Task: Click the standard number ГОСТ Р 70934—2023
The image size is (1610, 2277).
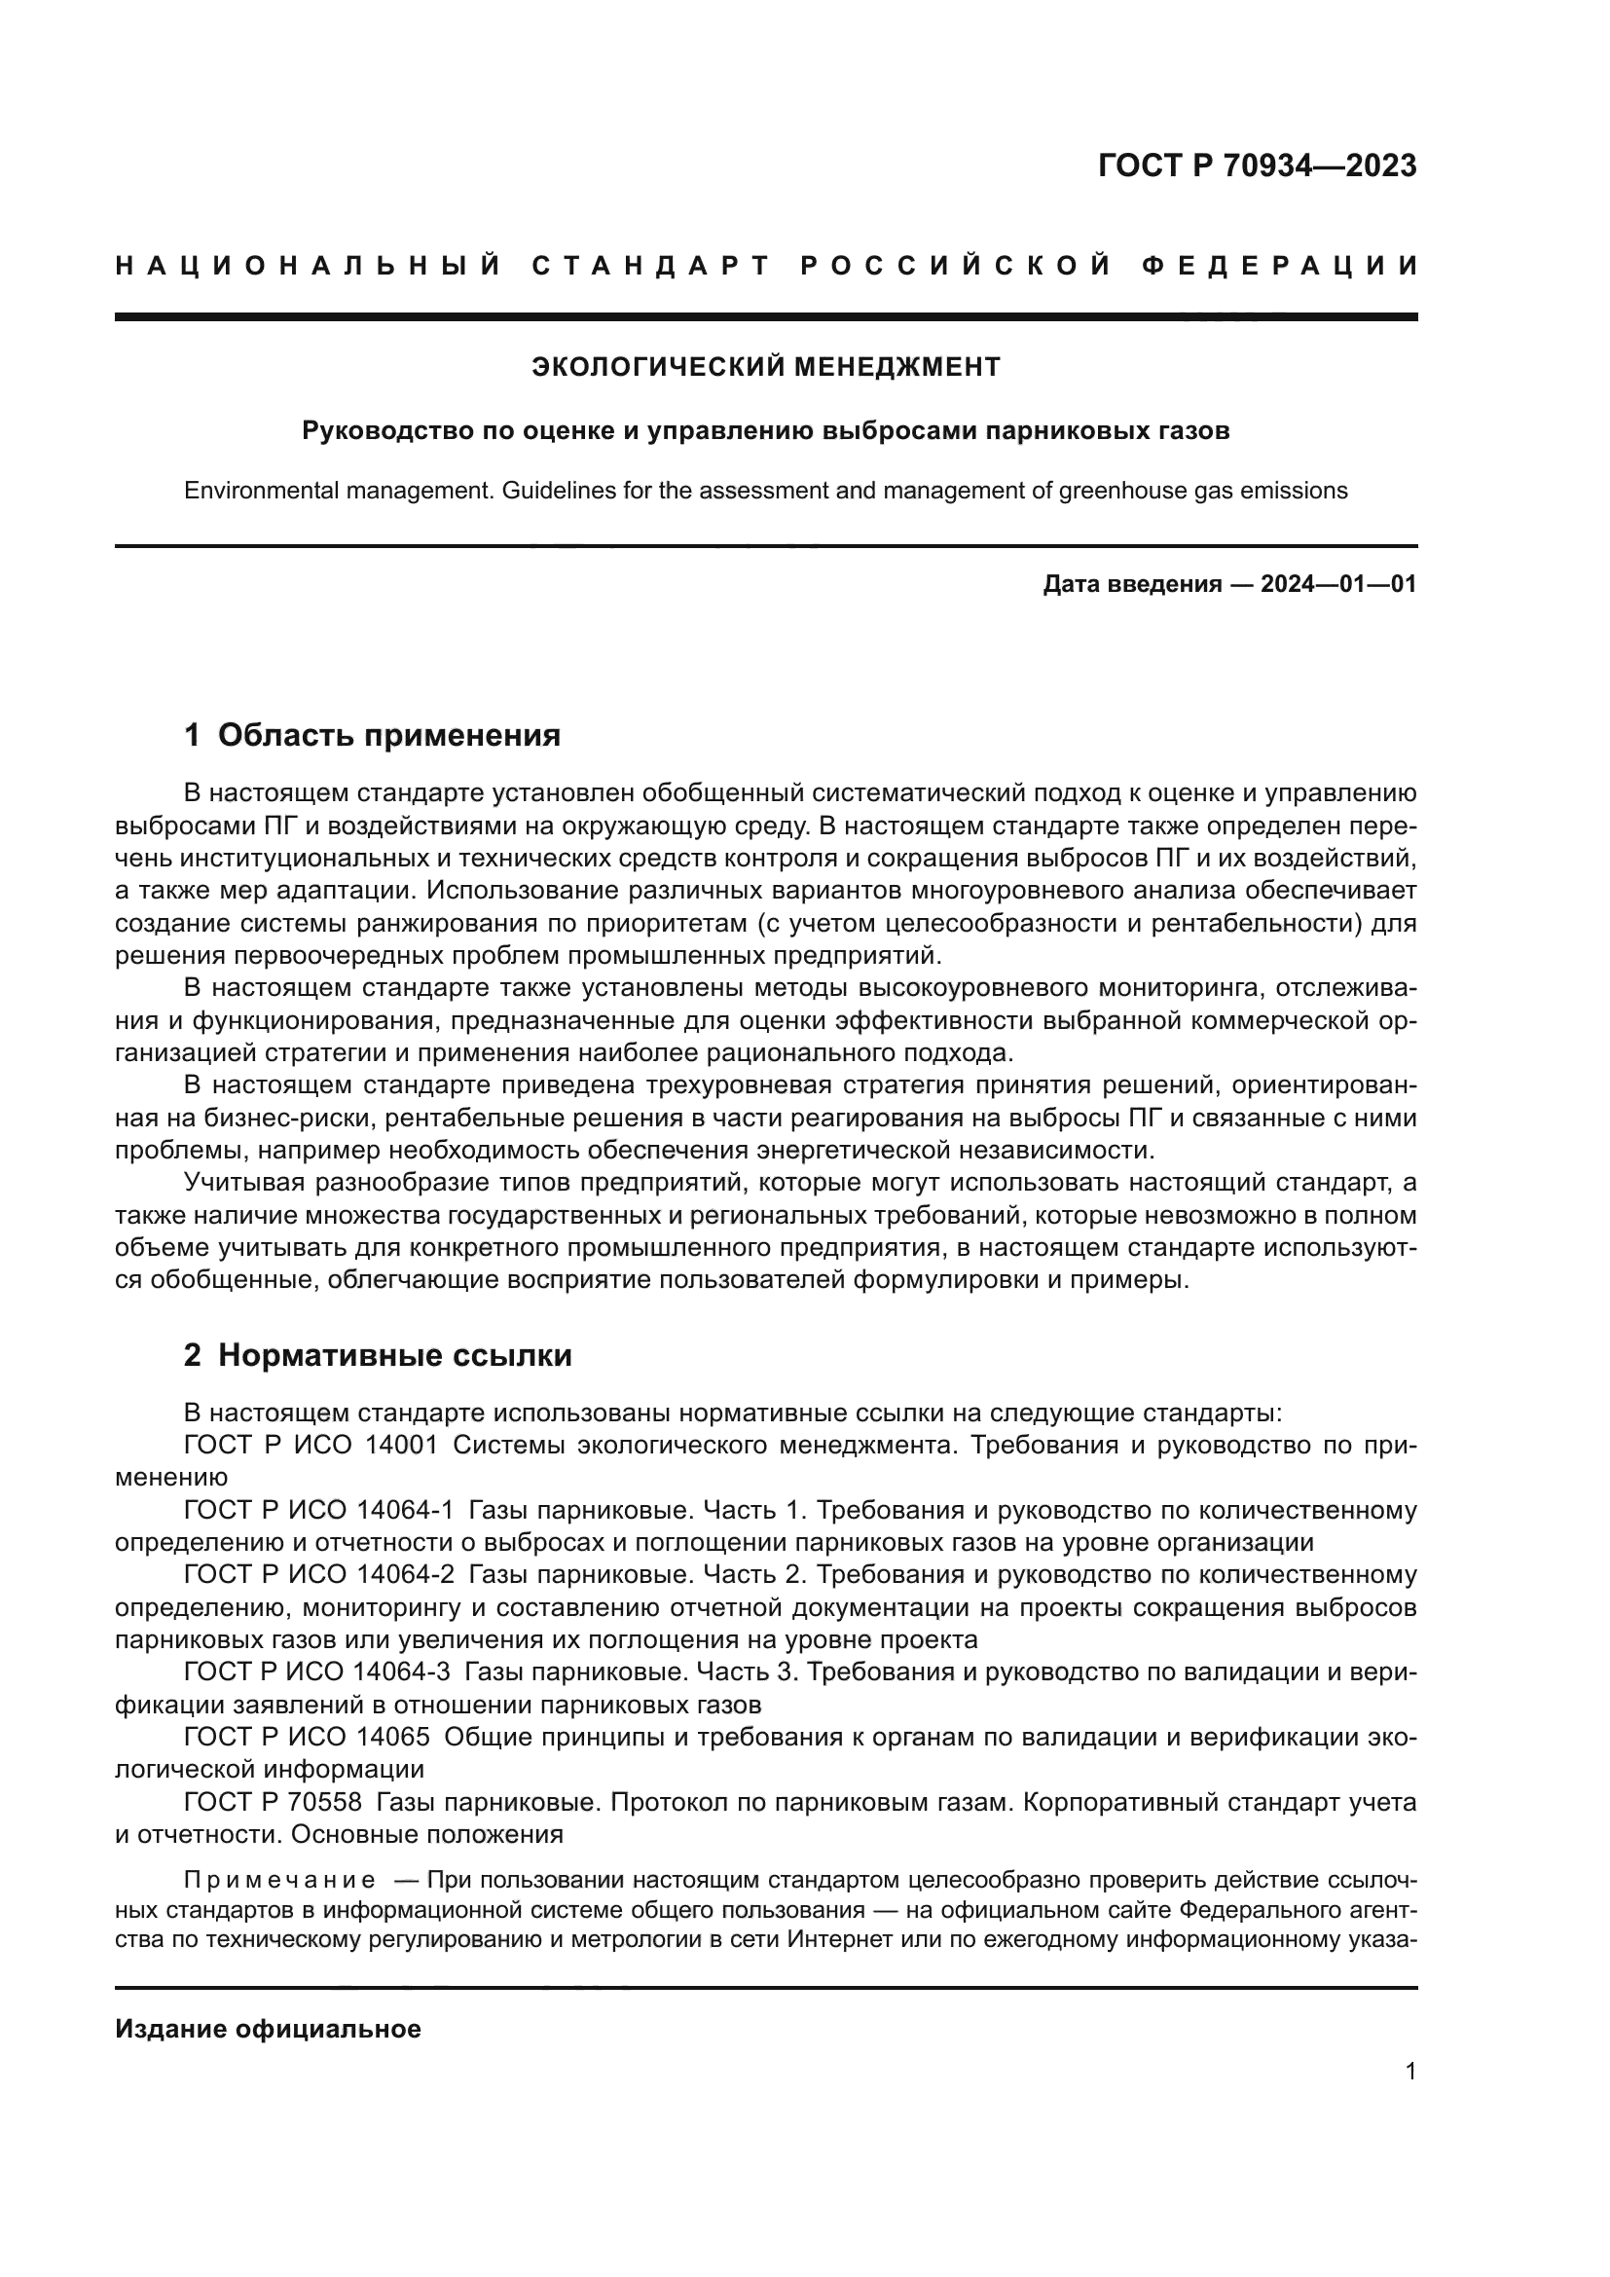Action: coord(1257,165)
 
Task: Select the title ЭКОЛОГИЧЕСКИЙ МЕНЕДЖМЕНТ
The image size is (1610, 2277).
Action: coord(766,367)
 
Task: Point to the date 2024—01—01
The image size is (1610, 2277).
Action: coord(1338,584)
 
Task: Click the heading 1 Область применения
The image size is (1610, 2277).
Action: coord(372,735)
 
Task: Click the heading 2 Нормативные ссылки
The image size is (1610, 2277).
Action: coord(378,1355)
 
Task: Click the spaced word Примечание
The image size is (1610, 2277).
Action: coord(279,1881)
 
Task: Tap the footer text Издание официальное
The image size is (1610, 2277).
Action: coord(268,2029)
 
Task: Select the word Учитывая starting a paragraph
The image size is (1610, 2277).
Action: coord(242,1183)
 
